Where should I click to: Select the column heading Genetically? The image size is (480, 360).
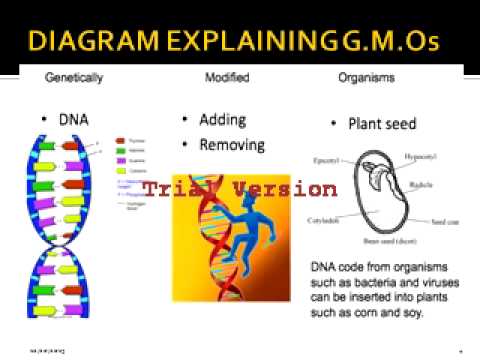tap(76, 78)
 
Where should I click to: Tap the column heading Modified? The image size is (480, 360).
tap(227, 78)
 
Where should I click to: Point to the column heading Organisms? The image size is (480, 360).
tap(367, 78)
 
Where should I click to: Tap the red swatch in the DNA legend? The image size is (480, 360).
tap(122, 140)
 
